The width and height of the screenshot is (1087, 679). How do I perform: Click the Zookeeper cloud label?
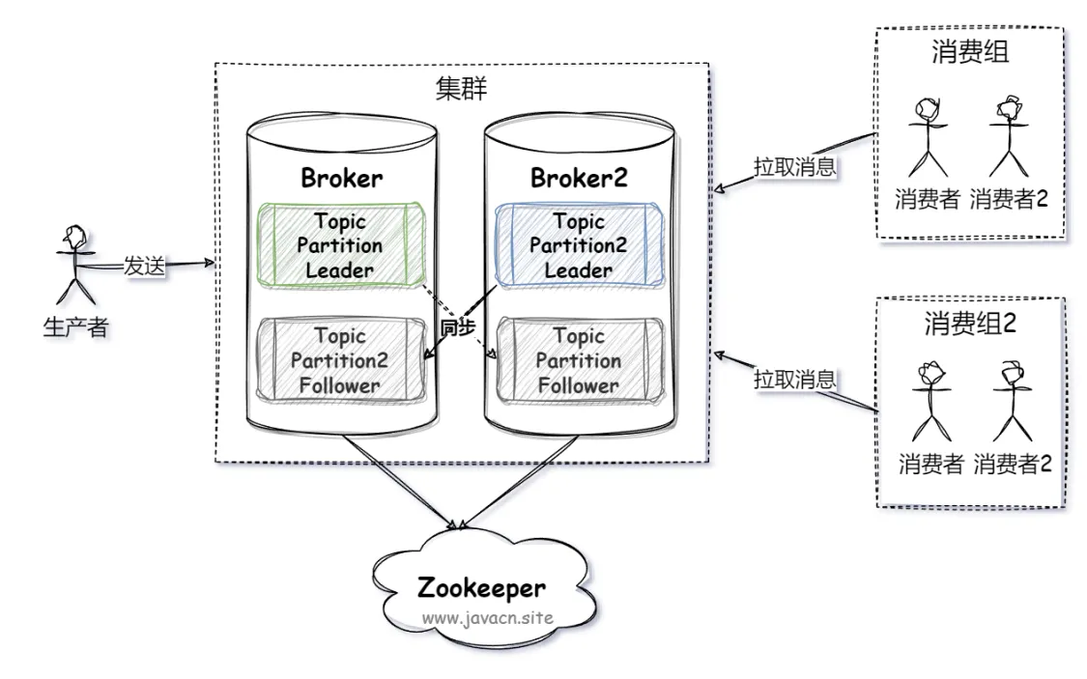pyautogui.click(x=481, y=587)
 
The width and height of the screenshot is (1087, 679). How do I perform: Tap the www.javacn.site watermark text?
pyautogui.click(x=487, y=617)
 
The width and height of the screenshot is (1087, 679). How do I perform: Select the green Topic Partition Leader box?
pyautogui.click(x=341, y=244)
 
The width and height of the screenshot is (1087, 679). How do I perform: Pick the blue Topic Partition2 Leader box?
pyautogui.click(x=579, y=244)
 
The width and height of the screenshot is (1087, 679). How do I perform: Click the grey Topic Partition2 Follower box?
pyautogui.click(x=341, y=360)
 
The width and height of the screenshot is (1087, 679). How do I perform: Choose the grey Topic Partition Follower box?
pyautogui.click(x=580, y=360)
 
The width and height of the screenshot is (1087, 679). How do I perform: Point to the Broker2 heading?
pyautogui.click(x=579, y=178)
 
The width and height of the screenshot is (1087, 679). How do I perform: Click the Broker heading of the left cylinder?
pyautogui.click(x=342, y=178)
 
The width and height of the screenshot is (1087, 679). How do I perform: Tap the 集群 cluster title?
pyautogui.click(x=462, y=89)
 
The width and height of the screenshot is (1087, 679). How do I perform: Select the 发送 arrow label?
pyautogui.click(x=145, y=266)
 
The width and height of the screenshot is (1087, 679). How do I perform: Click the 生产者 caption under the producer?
pyautogui.click(x=75, y=326)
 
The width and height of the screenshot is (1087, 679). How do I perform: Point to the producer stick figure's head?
pyautogui.click(x=74, y=236)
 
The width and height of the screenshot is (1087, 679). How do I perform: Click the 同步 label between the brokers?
pyautogui.click(x=458, y=327)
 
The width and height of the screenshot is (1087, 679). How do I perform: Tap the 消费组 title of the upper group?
pyautogui.click(x=970, y=52)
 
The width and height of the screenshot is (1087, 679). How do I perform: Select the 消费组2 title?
pyautogui.click(x=970, y=323)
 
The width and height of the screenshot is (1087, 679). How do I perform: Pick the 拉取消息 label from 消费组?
pyautogui.click(x=795, y=167)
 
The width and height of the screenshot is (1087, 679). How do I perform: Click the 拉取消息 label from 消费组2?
pyautogui.click(x=795, y=379)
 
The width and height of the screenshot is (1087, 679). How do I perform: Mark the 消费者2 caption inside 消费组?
pyautogui.click(x=1009, y=199)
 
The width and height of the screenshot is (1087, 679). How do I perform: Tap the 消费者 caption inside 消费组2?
pyautogui.click(x=931, y=464)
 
